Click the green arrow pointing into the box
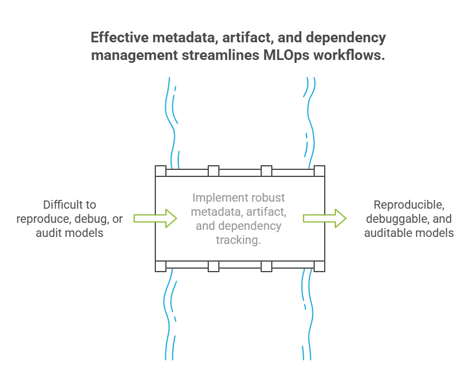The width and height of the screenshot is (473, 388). tap(155, 219)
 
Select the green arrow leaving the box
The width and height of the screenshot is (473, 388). tap(325, 219)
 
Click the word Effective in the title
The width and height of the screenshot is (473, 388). tap(119, 38)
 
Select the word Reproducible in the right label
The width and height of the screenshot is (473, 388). tap(409, 205)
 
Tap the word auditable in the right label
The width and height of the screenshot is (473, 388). tap(388, 233)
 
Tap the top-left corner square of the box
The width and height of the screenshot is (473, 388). tap(161, 171)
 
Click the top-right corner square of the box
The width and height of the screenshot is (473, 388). tap(319, 171)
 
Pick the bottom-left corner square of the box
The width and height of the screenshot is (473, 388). tap(161, 266)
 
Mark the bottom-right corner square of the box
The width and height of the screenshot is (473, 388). tap(319, 266)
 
